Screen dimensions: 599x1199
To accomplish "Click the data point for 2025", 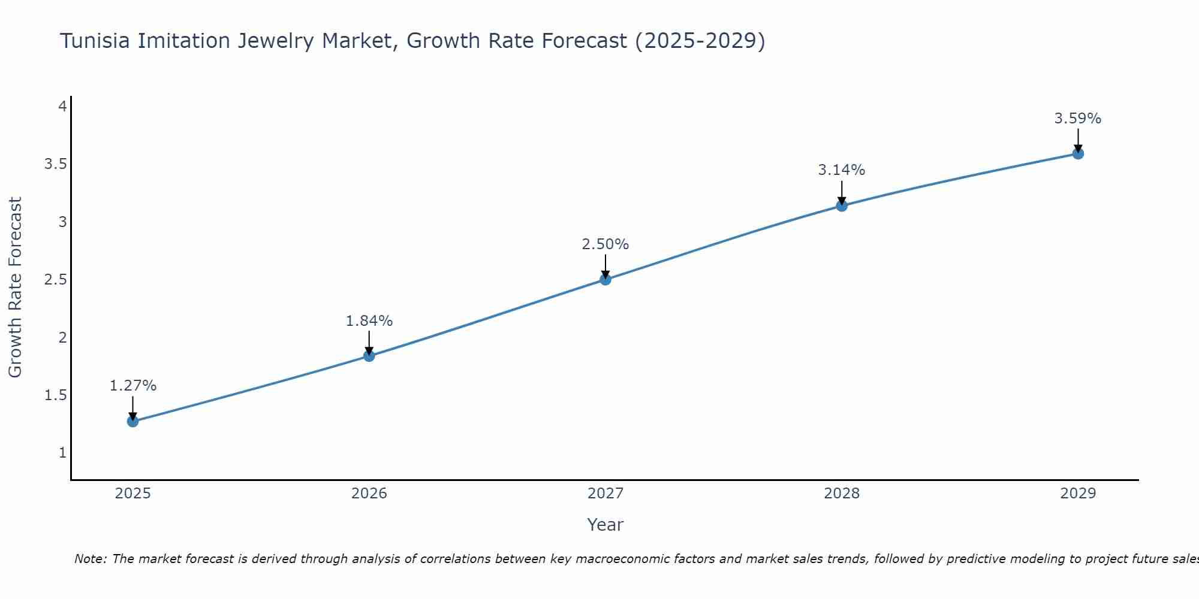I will tap(132, 421).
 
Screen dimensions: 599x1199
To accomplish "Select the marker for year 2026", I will tap(369, 356).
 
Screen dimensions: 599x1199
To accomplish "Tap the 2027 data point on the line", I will tap(605, 279).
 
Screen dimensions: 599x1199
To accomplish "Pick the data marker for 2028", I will tap(841, 206).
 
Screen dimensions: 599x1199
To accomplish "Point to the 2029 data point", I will tap(1077, 154).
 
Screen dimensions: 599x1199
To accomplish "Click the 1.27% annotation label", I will tap(132, 386).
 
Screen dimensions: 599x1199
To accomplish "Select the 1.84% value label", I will tap(369, 321).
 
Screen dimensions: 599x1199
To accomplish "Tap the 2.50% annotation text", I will tap(605, 244).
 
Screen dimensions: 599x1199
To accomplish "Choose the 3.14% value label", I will tap(841, 170).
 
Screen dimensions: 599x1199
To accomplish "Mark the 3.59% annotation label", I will tap(1077, 119).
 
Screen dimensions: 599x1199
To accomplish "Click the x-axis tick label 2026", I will tap(369, 494).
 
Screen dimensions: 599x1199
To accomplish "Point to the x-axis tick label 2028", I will tap(841, 494).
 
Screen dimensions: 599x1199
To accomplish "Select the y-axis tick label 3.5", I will tap(55, 164).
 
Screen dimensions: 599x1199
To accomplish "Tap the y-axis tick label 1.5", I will tap(55, 395).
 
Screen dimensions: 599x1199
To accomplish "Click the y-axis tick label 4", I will tap(62, 107).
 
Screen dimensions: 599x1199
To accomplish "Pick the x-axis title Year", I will tap(605, 525).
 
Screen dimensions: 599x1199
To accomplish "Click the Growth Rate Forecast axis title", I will tap(15, 288).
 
